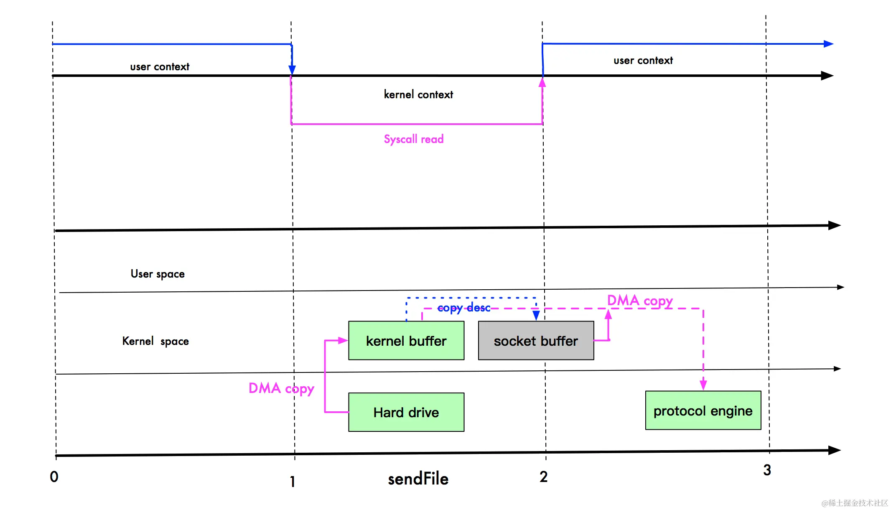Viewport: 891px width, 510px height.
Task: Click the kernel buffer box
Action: (406, 341)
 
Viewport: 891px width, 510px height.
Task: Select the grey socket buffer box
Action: (536, 341)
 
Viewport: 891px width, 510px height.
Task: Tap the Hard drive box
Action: (406, 412)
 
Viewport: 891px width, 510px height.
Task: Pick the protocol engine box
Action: (703, 411)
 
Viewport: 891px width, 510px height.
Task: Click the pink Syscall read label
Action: (414, 139)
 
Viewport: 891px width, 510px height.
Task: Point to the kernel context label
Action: (418, 94)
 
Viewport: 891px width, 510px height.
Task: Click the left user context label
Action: (160, 66)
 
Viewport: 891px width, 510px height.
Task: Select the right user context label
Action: (643, 61)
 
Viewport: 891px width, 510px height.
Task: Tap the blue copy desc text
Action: (463, 308)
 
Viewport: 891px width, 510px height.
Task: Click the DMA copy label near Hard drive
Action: (281, 388)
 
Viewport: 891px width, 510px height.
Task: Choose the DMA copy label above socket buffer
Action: (640, 301)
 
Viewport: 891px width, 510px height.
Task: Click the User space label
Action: (158, 274)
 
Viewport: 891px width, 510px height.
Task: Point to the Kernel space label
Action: (155, 341)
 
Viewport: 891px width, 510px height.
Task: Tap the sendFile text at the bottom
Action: (418, 479)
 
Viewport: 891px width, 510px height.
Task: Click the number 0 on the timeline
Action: (54, 477)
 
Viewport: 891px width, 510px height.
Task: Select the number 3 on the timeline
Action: (767, 470)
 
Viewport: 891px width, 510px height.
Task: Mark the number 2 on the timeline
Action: (543, 477)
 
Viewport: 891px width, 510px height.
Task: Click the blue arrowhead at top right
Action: (828, 44)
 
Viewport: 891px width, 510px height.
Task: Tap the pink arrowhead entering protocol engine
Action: (703, 385)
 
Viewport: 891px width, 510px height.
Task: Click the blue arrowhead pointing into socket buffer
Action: (536, 315)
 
